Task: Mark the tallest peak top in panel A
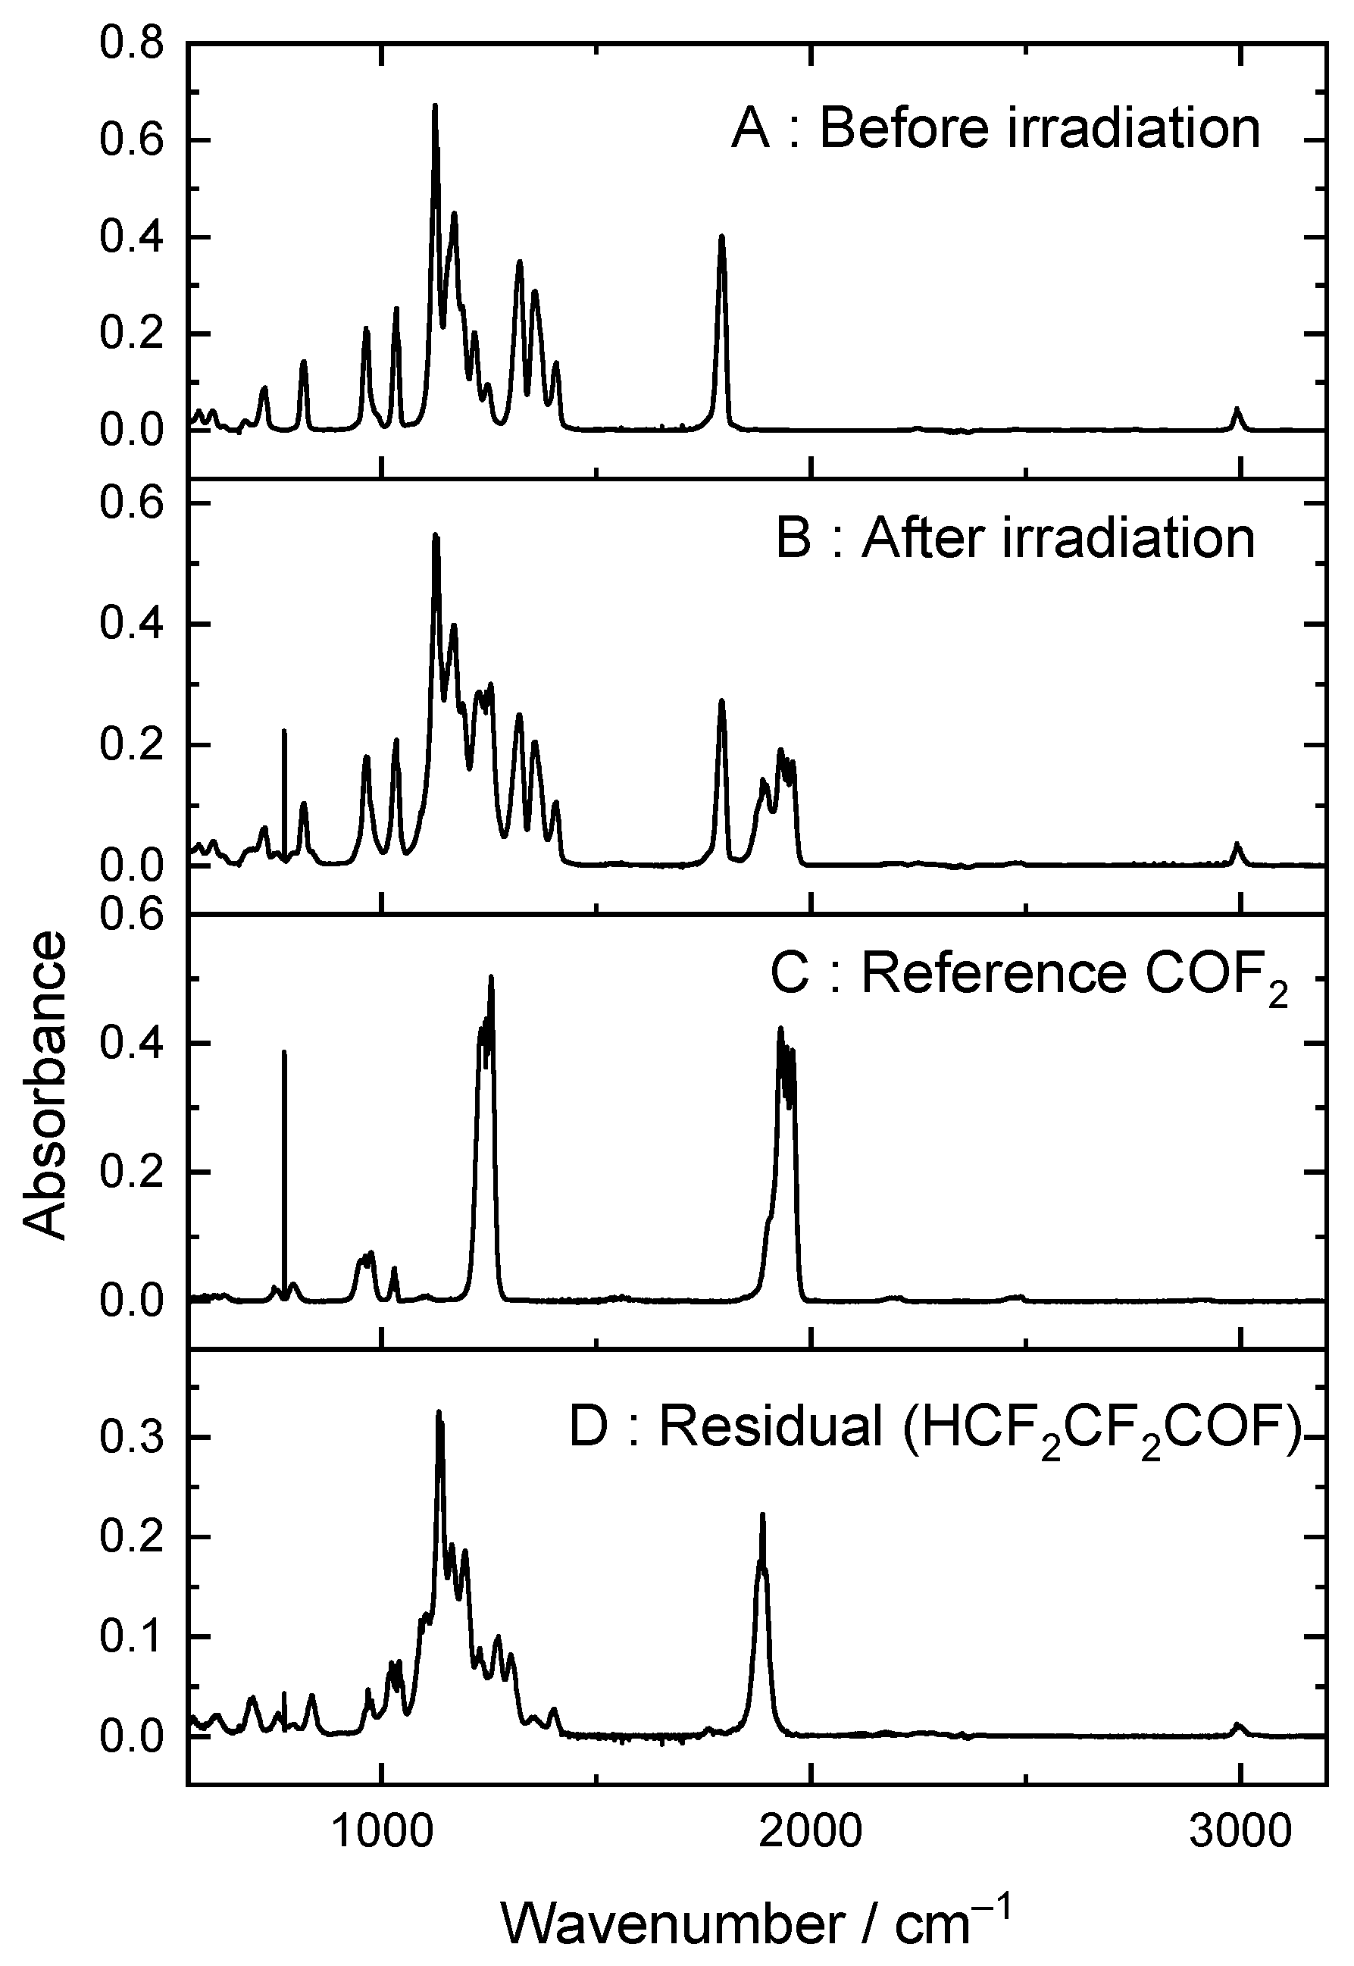coord(435,106)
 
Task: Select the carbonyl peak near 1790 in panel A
coord(722,236)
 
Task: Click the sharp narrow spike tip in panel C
coord(284,1052)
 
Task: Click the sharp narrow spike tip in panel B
coord(284,731)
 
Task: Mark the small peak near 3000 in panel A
coord(1237,409)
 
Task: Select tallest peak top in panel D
coord(439,1412)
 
